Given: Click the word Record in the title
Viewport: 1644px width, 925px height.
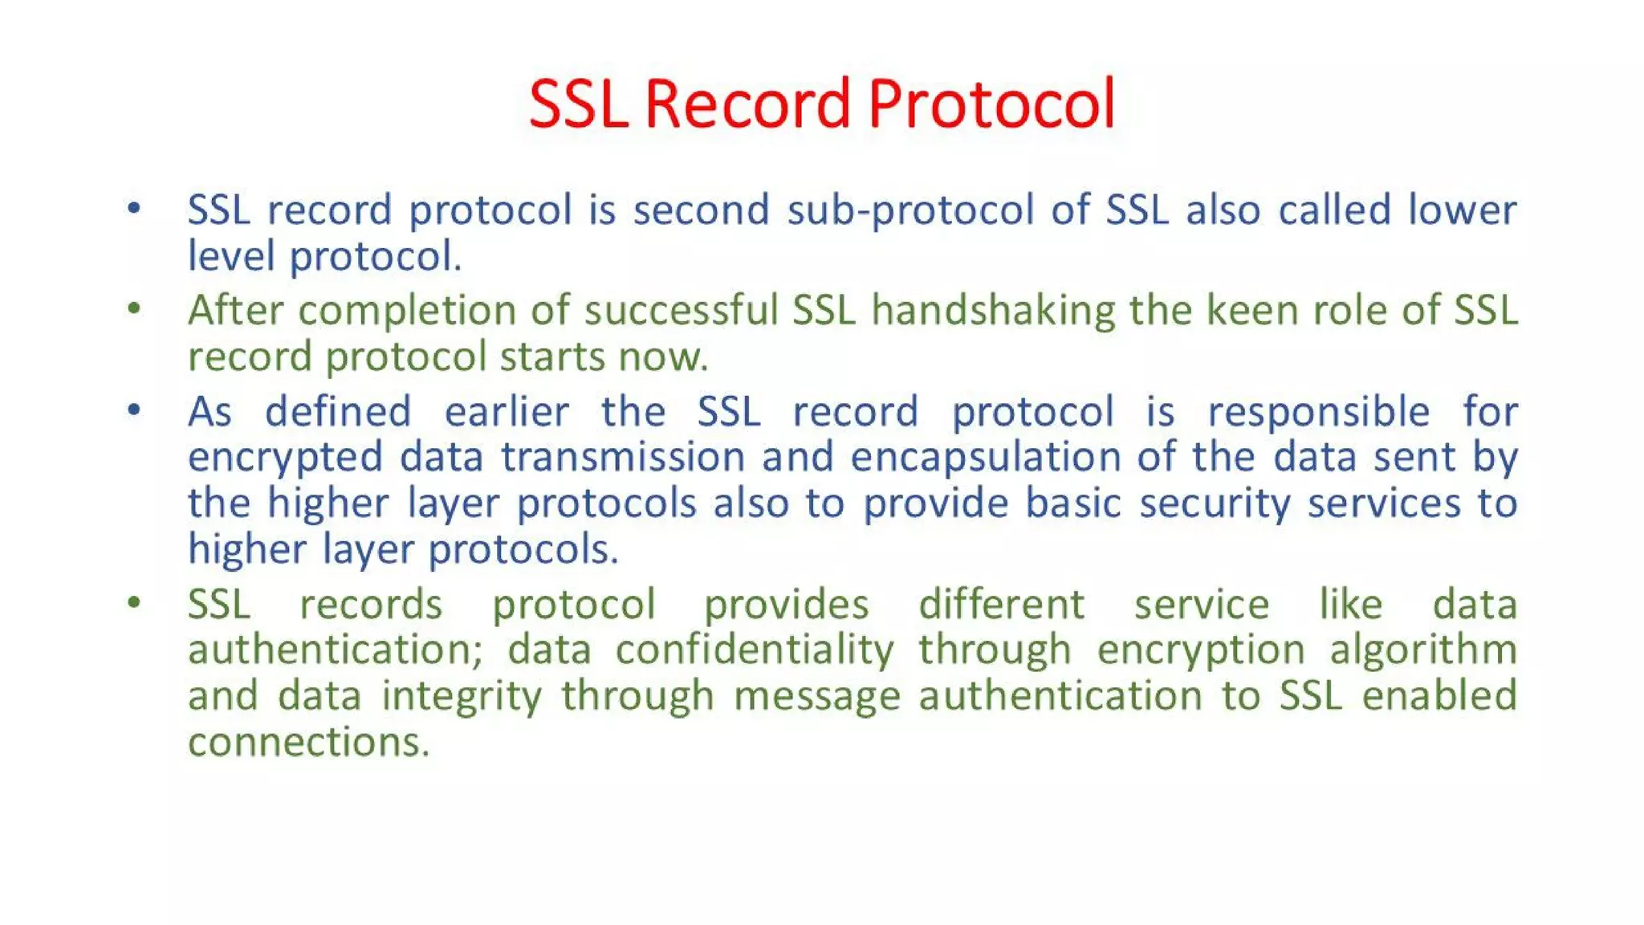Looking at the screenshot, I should (x=747, y=104).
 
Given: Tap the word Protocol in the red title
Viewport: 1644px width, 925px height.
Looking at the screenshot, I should (x=991, y=104).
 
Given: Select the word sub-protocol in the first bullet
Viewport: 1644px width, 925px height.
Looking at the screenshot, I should (x=909, y=211).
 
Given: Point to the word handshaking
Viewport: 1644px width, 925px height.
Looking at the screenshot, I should (x=993, y=312).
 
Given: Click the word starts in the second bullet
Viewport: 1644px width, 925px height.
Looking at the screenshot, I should (x=551, y=357).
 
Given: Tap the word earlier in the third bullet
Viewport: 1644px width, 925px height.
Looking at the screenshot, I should (x=507, y=413).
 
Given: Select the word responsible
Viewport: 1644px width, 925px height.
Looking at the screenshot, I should (x=1319, y=413).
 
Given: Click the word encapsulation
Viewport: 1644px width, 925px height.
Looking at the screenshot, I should (x=985, y=458).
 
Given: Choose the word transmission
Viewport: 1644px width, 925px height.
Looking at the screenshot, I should (x=623, y=458).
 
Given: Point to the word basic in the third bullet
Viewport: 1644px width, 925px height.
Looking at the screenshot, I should (x=1073, y=504).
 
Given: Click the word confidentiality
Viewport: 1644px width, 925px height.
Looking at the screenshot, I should (x=755, y=650).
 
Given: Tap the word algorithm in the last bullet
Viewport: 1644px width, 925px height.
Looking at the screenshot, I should (x=1423, y=650).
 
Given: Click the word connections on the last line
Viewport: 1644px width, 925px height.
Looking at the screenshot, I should (x=308, y=743).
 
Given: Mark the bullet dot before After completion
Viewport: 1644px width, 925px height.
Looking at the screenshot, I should (x=134, y=309).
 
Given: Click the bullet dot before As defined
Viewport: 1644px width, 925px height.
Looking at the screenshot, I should (x=134, y=410).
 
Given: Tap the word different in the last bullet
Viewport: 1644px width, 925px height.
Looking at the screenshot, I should (x=1001, y=605).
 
